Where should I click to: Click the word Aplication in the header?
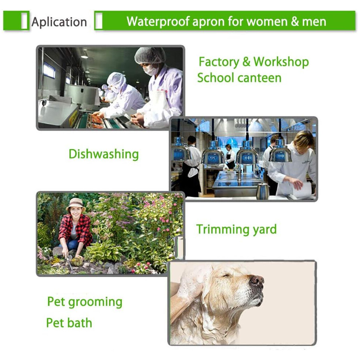pos(59,22)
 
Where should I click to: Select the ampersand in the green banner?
pos(294,21)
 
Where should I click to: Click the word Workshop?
pos(281,62)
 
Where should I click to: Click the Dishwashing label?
pos(104,154)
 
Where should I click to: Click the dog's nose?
pos(256,281)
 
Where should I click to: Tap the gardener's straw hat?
pos(76,205)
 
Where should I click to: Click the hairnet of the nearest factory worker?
pos(150,55)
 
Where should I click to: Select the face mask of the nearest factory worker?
pos(151,69)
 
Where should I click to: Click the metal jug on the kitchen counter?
pos(263,191)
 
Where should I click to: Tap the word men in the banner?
pos(314,22)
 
